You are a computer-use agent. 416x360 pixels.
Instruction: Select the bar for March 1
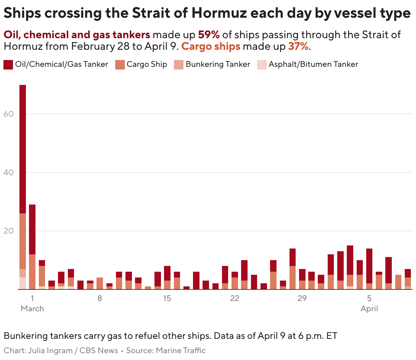point(32,247)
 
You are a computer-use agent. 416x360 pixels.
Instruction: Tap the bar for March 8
point(100,283)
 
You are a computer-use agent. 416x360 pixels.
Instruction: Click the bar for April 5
point(369,269)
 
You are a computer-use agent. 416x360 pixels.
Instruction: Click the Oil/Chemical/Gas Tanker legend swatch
point(8,64)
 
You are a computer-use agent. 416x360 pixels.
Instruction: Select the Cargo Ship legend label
point(147,64)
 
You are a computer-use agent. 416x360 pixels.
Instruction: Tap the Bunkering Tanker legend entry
point(218,64)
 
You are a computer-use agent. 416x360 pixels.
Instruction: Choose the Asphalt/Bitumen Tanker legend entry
point(313,64)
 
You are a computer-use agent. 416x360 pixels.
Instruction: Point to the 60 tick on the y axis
point(9,114)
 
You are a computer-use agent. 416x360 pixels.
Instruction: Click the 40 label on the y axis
point(9,172)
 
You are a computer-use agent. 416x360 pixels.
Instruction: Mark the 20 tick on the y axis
point(9,231)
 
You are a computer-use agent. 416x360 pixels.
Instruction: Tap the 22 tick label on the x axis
point(235,298)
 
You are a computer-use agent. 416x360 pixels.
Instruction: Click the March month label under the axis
point(32,309)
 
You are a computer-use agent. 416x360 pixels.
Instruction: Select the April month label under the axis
point(369,309)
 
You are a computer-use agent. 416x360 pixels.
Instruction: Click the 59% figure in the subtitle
point(209,35)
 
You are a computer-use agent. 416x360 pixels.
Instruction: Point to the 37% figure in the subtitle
point(298,46)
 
